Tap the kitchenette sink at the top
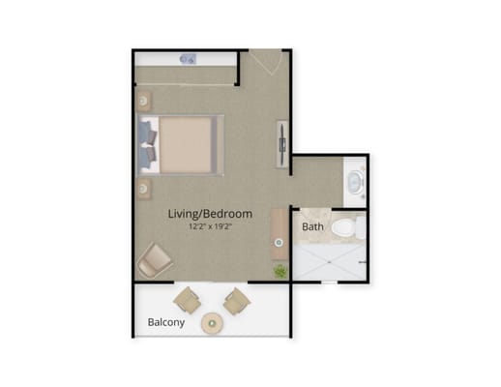[x=188, y=59]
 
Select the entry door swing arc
[x=263, y=68]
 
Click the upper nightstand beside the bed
[x=143, y=100]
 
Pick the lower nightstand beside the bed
[x=143, y=187]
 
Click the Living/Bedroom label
[x=210, y=214]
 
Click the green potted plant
[x=280, y=271]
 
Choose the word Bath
[x=312, y=227]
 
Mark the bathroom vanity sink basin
[x=355, y=180]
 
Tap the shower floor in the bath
[x=329, y=259]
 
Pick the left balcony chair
[x=188, y=299]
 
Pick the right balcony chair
[x=235, y=300]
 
